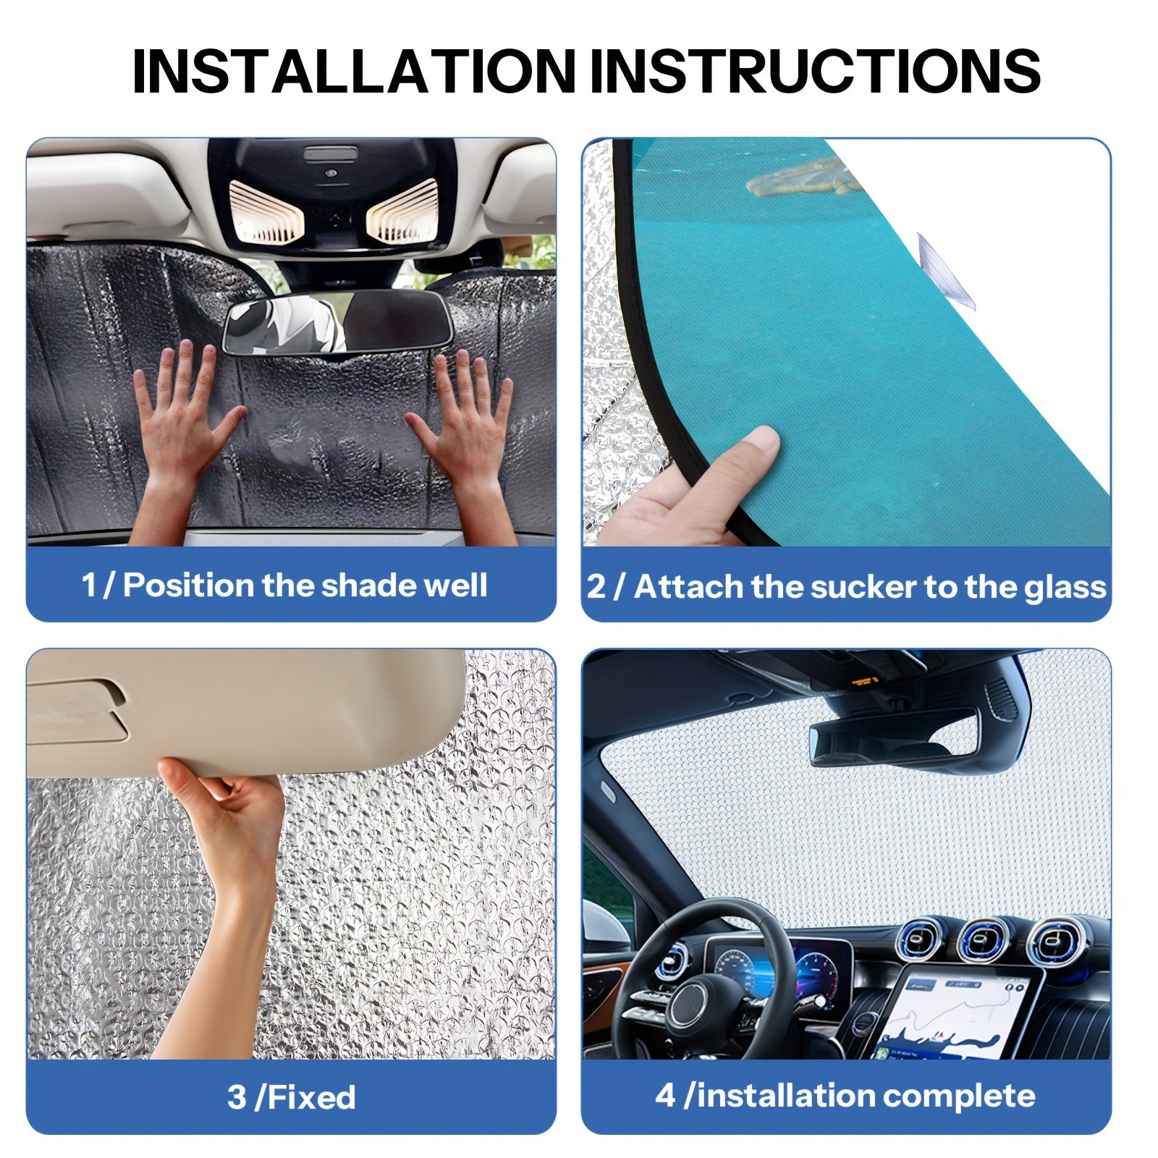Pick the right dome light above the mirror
click(403, 210)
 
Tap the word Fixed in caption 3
click(311, 1097)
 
